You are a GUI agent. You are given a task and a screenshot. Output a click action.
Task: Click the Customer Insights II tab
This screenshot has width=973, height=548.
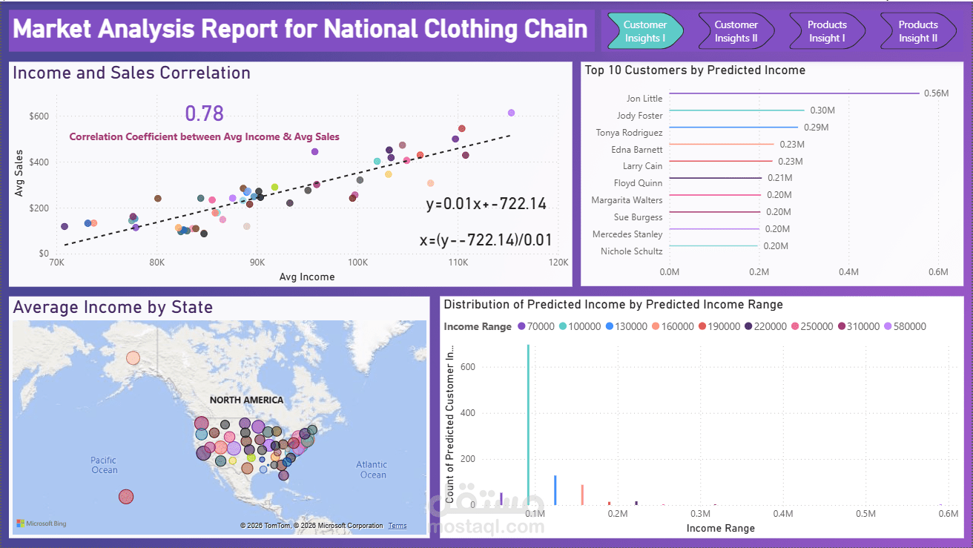click(x=736, y=31)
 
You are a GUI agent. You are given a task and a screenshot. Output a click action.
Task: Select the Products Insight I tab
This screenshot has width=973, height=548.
click(x=827, y=31)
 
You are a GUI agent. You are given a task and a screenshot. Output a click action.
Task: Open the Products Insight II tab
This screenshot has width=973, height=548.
click(x=918, y=31)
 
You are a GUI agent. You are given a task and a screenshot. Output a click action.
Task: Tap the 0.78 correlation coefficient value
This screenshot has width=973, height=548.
click(x=204, y=113)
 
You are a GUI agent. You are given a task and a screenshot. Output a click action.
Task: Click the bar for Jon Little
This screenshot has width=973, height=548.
click(x=794, y=93)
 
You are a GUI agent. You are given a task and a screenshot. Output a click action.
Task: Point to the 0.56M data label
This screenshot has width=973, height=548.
click(x=936, y=93)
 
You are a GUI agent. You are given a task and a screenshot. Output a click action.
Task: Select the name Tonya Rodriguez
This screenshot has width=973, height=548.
click(x=629, y=133)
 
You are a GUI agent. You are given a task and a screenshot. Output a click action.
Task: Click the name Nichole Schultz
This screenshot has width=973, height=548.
click(x=632, y=251)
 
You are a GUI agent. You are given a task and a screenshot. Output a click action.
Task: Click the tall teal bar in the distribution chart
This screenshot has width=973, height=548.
click(x=528, y=425)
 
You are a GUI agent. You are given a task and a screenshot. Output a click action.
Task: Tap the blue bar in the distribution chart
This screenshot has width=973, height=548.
click(x=555, y=490)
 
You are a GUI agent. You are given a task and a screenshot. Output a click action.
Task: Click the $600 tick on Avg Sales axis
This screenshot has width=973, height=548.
click(x=39, y=116)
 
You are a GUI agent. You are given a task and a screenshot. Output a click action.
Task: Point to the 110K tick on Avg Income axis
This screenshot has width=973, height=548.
click(x=458, y=263)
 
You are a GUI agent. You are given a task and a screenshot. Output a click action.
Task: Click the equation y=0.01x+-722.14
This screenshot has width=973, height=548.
click(x=486, y=204)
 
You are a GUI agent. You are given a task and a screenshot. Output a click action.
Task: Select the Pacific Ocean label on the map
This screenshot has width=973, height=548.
click(x=105, y=465)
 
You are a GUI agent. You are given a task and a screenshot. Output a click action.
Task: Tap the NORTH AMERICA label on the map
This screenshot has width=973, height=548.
click(x=246, y=400)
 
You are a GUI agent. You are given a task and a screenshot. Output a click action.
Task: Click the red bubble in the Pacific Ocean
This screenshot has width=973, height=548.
click(x=126, y=496)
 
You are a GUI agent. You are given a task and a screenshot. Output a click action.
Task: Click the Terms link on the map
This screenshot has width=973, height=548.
click(x=398, y=526)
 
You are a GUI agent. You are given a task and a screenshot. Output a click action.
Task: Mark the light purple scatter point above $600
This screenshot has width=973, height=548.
click(x=511, y=113)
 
